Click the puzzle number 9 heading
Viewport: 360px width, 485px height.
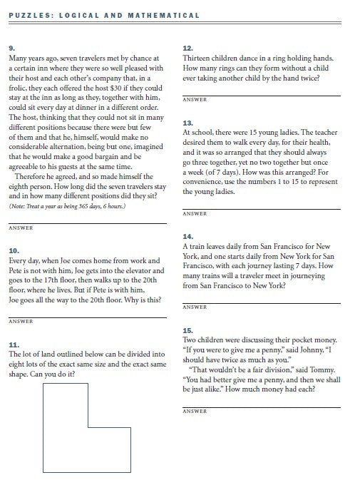click(11, 48)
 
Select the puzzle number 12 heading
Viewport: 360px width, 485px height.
click(187, 48)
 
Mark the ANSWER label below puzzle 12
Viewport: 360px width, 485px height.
click(194, 100)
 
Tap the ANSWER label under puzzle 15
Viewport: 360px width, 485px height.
click(194, 412)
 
